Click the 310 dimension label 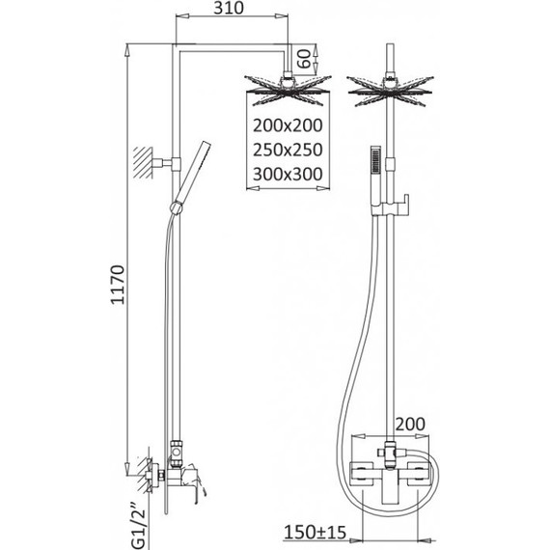pyautogui.click(x=229, y=8)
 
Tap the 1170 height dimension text pyautogui.click(x=118, y=284)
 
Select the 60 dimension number pyautogui.click(x=304, y=59)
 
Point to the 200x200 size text pyautogui.click(x=288, y=125)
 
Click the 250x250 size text pyautogui.click(x=288, y=150)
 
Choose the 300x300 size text pyautogui.click(x=288, y=174)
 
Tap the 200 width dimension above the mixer pyautogui.click(x=410, y=424)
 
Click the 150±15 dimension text pyautogui.click(x=315, y=532)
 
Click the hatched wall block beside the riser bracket pyautogui.click(x=143, y=163)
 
